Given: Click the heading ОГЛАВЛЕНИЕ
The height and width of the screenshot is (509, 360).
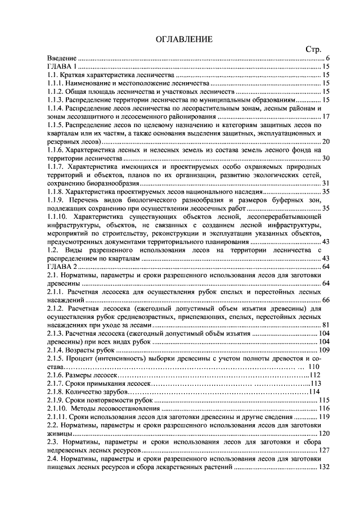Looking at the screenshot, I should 184,39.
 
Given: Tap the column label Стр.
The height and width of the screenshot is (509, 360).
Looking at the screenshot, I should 313,49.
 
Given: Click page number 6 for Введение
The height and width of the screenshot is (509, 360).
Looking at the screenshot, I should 327,58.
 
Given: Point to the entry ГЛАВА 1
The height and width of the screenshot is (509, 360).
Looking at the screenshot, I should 62,66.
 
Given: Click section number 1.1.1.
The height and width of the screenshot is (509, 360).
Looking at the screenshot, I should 56,83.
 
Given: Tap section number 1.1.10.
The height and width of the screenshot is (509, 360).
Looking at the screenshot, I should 58,217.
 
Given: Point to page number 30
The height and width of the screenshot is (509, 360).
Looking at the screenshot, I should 326,158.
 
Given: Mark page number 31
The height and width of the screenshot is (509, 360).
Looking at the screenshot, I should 326,183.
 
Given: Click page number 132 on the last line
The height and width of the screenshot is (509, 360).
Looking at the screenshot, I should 324,467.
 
